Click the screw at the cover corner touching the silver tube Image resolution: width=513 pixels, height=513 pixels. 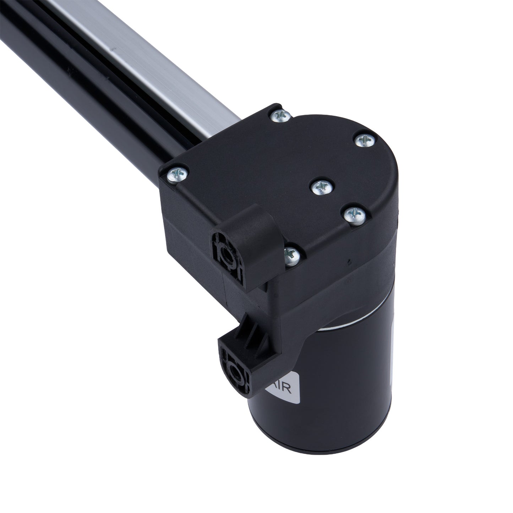[280, 115]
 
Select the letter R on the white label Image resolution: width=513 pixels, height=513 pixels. [288, 390]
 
